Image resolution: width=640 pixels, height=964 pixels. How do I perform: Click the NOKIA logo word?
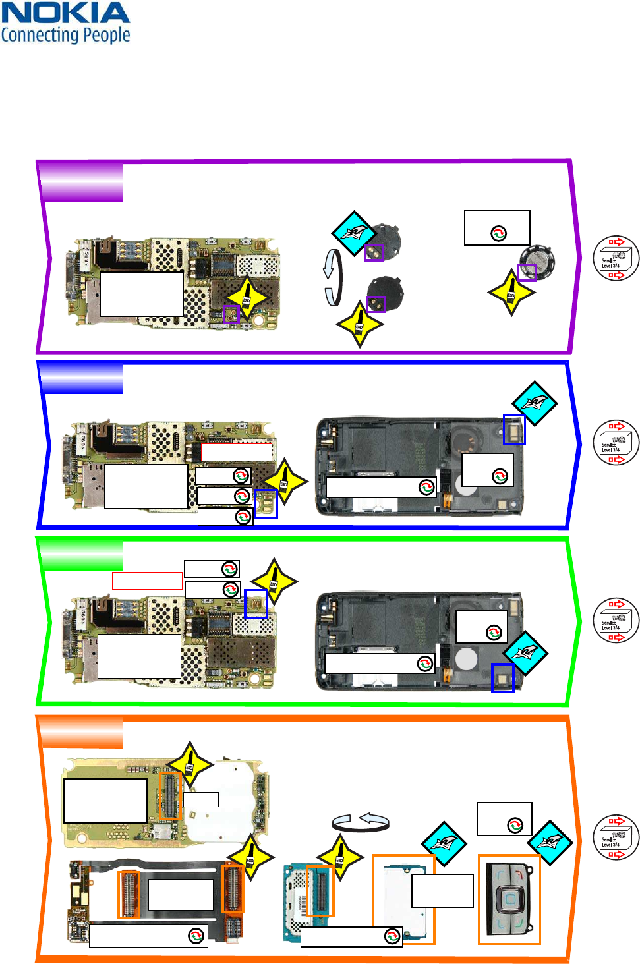coord(65,13)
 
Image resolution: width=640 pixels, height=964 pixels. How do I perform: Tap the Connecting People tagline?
coord(65,34)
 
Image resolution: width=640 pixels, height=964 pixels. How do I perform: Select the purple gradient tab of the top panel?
coord(81,183)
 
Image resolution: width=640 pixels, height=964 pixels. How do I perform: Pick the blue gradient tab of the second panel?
coord(81,378)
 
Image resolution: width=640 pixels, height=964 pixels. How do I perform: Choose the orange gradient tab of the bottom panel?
coord(81,733)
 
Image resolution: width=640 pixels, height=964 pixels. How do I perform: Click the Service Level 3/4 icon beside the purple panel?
coord(616,258)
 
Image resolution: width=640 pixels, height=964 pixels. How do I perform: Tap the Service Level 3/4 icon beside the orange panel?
coord(616,837)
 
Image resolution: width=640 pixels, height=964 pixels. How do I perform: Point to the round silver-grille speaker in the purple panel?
coord(537,262)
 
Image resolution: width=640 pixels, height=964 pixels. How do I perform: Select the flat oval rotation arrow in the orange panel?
coord(361,822)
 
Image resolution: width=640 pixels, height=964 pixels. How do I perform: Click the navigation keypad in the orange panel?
coord(509,899)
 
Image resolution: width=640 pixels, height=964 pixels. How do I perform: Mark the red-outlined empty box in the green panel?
coord(147,581)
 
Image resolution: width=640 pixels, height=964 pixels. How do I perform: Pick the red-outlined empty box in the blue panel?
coord(237,452)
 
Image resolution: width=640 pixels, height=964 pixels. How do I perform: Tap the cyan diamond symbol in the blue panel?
coord(535,403)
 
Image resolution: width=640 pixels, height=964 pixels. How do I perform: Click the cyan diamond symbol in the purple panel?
coord(354,233)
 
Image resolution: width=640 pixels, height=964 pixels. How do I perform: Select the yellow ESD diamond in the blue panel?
coord(285,481)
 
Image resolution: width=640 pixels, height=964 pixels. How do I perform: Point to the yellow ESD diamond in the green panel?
coord(274,582)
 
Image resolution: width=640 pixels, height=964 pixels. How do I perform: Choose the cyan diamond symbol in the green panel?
coord(525,653)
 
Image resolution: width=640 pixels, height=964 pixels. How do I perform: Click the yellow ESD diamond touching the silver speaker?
coord(511,292)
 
